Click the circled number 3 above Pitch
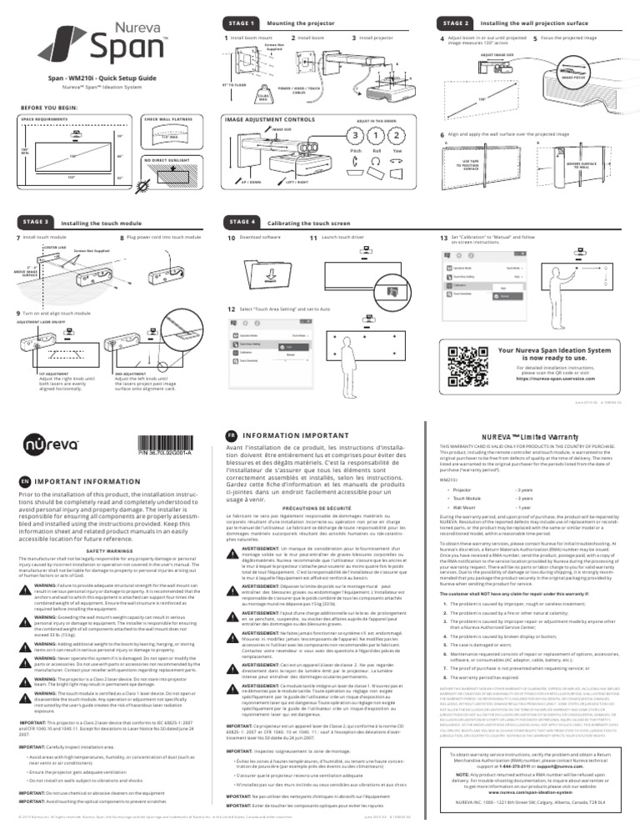pos(356,137)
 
